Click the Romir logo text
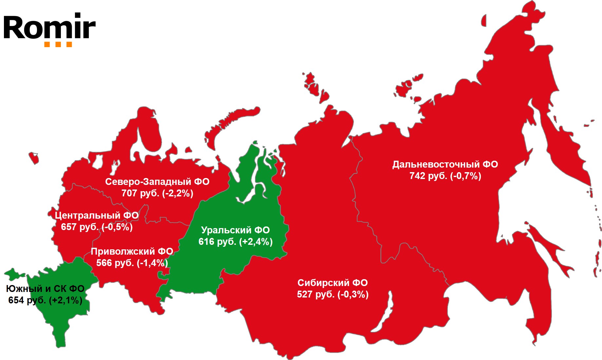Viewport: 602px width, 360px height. click(x=49, y=27)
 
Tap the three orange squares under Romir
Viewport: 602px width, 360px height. click(x=58, y=45)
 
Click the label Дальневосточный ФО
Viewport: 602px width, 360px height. click(x=445, y=164)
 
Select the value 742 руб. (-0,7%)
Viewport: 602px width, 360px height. click(x=445, y=176)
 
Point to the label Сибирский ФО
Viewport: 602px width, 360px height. click(x=333, y=283)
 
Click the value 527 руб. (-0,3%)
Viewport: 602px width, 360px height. click(x=333, y=295)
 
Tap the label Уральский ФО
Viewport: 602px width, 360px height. click(x=235, y=230)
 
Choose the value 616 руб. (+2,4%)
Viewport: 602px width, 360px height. click(x=235, y=242)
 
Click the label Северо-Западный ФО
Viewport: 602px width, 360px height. click(x=157, y=182)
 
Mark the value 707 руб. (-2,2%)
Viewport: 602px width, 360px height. click(x=157, y=193)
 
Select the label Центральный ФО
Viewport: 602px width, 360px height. click(x=97, y=215)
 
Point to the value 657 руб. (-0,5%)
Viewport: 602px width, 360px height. click(x=97, y=227)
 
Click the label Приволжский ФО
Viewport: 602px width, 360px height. click(x=132, y=251)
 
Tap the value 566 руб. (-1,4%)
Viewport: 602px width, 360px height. click(x=132, y=263)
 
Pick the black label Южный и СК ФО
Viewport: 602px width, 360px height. click(x=45, y=289)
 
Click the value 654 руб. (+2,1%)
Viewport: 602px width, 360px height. click(x=45, y=300)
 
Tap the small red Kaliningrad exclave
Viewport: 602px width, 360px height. click(x=34, y=157)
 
